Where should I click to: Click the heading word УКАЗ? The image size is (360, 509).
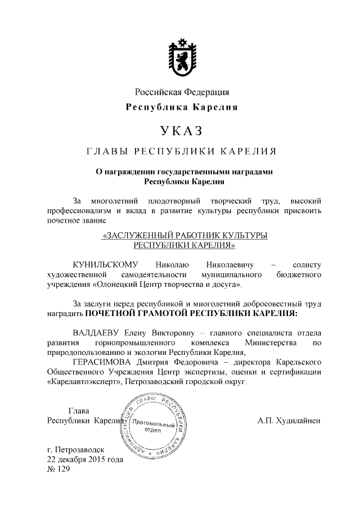[x=181, y=131]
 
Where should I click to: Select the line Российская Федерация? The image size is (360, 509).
[x=181, y=92]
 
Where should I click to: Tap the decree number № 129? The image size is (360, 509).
[x=58, y=469]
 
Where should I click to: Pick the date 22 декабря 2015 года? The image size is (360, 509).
[x=85, y=460]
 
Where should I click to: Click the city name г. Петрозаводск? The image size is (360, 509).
[x=80, y=450]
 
